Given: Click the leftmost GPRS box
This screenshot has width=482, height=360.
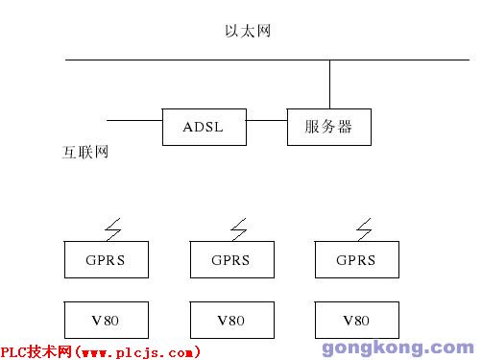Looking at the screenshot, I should pos(103,259).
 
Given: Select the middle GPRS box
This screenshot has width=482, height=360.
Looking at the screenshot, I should pos(229,259).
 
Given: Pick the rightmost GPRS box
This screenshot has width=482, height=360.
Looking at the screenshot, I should pos(355,259).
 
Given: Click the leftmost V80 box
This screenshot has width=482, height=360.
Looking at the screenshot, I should pos(103,318).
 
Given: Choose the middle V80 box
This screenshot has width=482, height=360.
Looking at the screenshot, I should pos(229,318).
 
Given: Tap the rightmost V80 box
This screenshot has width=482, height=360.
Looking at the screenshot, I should pos(355,318).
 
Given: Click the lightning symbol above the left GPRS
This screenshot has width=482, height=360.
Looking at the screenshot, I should pos(112,228).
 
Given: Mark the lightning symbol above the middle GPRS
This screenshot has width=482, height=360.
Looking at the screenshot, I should pos(238,228).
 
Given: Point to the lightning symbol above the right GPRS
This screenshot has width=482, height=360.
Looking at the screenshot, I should pos(365,228).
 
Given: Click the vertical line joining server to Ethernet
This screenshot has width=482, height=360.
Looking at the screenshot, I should pos(329,84).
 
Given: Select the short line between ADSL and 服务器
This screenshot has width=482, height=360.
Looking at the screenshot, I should pos(267,121).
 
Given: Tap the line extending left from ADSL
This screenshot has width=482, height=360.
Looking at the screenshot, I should pos(133,121).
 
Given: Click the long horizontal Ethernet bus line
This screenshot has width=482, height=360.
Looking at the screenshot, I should pos(192,60).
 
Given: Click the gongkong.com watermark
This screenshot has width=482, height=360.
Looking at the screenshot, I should pos(394,348).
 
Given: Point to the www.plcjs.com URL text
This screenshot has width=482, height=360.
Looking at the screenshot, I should pos(139,352).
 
